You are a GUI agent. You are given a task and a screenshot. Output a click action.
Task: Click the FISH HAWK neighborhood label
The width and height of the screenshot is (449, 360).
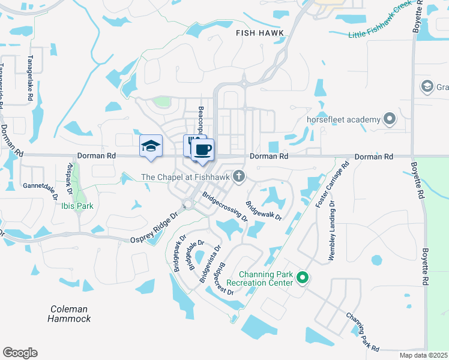click(259, 34)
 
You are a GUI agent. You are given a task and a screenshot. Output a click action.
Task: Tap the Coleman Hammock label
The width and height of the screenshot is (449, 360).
click(70, 314)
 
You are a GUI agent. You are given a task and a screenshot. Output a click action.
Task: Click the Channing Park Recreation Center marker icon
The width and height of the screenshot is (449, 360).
click(303, 277)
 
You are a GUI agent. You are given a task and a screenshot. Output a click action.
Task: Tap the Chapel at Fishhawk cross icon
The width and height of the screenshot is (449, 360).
click(239, 176)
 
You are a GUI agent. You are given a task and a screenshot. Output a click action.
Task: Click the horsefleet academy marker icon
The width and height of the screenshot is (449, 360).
click(389, 118)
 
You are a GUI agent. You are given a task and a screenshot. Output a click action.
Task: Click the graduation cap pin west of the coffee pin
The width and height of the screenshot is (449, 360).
click(151, 146)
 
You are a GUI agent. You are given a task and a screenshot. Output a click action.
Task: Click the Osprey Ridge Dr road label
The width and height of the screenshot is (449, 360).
click(155, 227)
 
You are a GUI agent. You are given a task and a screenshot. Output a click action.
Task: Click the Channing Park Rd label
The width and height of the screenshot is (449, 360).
click(363, 332)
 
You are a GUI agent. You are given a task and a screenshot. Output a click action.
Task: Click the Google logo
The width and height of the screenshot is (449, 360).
click(20, 353)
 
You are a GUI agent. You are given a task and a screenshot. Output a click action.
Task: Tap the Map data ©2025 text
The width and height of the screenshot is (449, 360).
click(424, 355)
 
